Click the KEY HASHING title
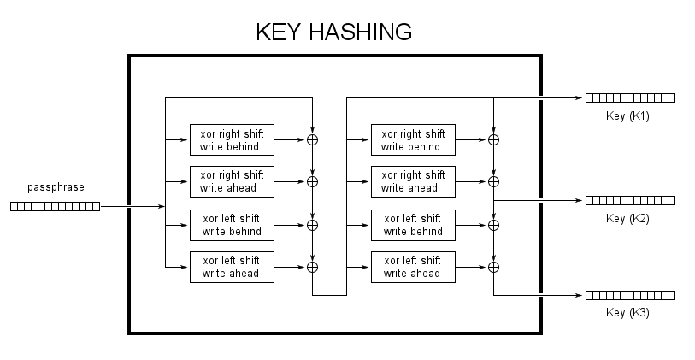click(x=334, y=32)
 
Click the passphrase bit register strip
click(x=55, y=206)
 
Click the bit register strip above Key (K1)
click(x=630, y=97)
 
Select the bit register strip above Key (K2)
click(x=630, y=200)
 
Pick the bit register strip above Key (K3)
click(x=630, y=295)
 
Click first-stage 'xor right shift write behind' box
click(x=232, y=139)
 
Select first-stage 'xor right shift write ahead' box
click(x=232, y=181)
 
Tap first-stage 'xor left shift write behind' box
click(x=232, y=225)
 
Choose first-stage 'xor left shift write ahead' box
click(x=232, y=267)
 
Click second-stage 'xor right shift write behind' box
click(x=413, y=139)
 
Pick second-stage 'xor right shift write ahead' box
click(x=413, y=181)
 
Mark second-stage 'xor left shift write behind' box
click(x=413, y=225)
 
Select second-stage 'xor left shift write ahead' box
click(x=413, y=267)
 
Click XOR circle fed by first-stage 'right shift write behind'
click(x=313, y=139)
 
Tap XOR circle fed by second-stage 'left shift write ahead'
click(x=493, y=267)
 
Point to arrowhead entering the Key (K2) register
click(x=580, y=200)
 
